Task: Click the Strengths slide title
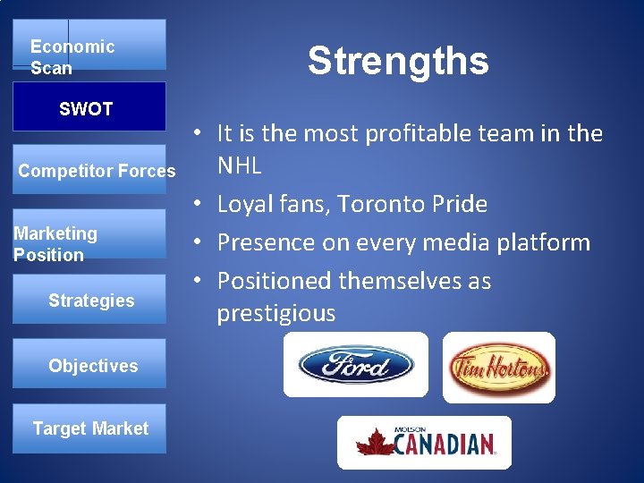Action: coord(398,61)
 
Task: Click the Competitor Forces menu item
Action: coord(97,171)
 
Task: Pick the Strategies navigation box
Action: coord(90,301)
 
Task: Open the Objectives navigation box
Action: coord(90,365)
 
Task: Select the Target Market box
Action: coord(90,428)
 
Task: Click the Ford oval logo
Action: coord(355,366)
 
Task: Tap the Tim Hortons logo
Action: coord(498,367)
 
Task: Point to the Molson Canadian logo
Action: coord(424,442)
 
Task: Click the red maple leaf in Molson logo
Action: coord(374,442)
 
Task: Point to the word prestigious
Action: coord(276,313)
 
